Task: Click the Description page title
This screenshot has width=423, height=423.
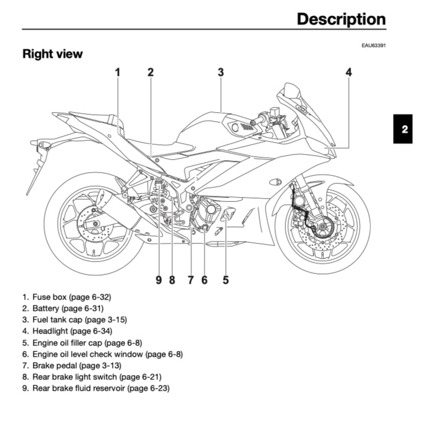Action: coord(341,19)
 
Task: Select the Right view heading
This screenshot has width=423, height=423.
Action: coord(53,54)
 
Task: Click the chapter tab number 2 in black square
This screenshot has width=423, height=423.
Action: coord(404,129)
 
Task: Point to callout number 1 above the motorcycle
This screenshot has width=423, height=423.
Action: coord(118,72)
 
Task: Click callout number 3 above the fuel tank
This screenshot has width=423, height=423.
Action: coord(220,72)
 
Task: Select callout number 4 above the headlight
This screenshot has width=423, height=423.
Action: coord(349,72)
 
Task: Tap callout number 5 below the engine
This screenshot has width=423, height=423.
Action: coord(225,279)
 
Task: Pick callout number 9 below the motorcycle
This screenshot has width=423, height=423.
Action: coord(159,279)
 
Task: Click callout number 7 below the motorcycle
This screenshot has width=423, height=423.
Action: coord(191,279)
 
